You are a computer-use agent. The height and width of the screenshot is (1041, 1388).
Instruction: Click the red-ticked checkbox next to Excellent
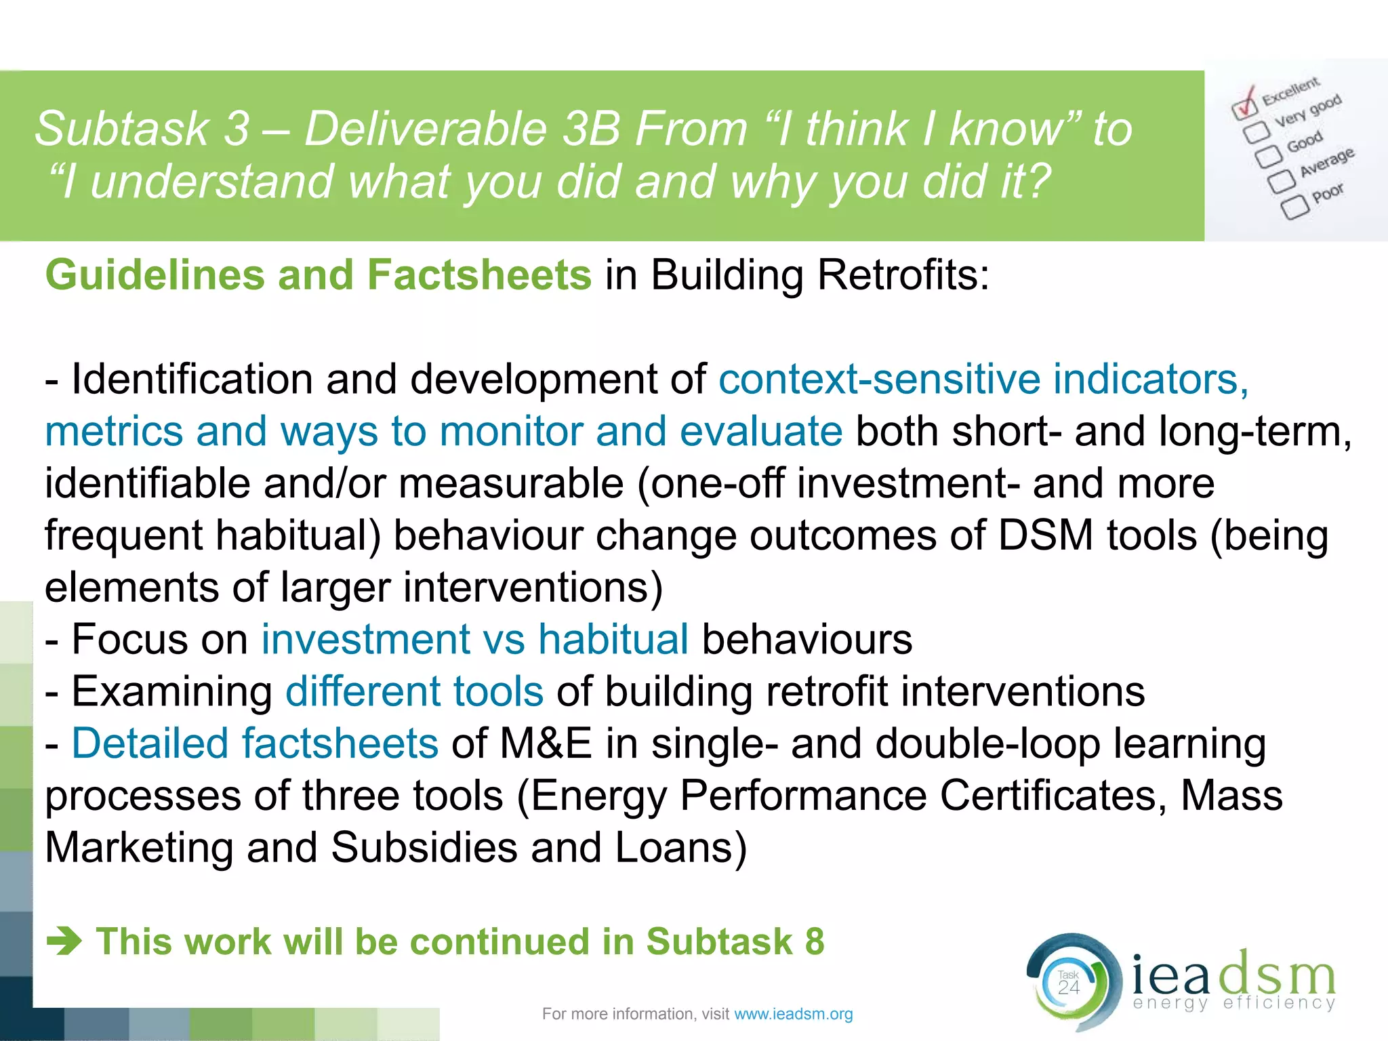pyautogui.click(x=1244, y=106)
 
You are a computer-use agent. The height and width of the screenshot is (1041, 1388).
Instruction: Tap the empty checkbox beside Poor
pyautogui.click(x=1294, y=207)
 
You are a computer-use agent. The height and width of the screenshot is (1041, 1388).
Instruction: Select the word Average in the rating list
pyautogui.click(x=1327, y=162)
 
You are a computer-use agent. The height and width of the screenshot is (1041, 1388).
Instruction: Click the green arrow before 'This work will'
pyautogui.click(x=64, y=941)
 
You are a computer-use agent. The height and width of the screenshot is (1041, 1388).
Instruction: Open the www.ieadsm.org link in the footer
pyautogui.click(x=794, y=1014)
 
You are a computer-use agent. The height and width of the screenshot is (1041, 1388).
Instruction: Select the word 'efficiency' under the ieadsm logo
pyautogui.click(x=1280, y=1003)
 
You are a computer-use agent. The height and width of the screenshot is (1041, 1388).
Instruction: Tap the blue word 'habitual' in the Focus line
pyautogui.click(x=613, y=639)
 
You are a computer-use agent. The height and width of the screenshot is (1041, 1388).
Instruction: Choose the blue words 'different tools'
pyautogui.click(x=414, y=691)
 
